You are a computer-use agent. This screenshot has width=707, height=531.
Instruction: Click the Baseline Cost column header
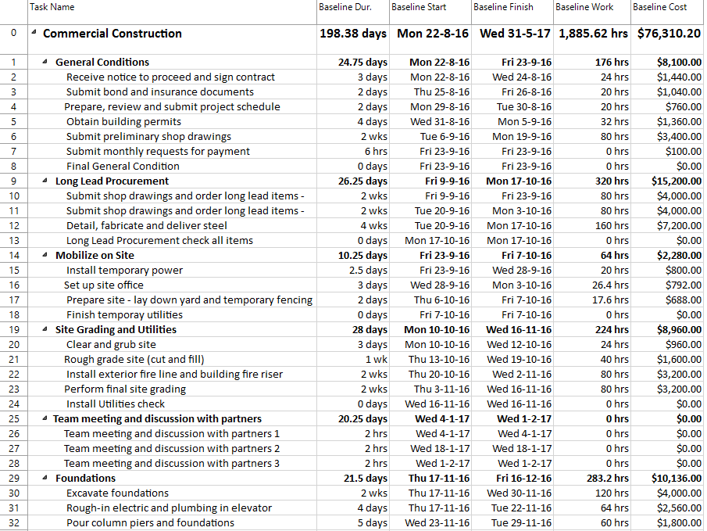pyautogui.click(x=659, y=7)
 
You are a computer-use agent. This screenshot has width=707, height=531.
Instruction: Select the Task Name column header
pyautogui.click(x=52, y=7)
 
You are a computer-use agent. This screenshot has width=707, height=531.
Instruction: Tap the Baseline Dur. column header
pyautogui.click(x=345, y=7)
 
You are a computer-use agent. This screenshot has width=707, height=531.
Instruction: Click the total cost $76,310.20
pyautogui.click(x=669, y=34)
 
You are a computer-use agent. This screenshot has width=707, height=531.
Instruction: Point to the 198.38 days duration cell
pyautogui.click(x=353, y=34)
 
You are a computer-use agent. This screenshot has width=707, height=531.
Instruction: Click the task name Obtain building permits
pyautogui.click(x=123, y=121)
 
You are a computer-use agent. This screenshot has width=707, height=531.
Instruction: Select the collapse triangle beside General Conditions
pyautogui.click(x=45, y=63)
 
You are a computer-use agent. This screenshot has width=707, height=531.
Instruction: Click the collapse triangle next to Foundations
pyautogui.click(x=45, y=479)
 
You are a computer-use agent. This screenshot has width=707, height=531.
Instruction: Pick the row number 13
pyautogui.click(x=12, y=240)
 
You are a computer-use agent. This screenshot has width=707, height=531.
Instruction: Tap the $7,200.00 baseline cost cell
pyautogui.click(x=679, y=225)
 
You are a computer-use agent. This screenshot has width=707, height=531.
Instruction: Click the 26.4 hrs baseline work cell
pyautogui.click(x=610, y=285)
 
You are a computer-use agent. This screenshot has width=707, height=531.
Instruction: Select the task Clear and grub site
pyautogui.click(x=111, y=344)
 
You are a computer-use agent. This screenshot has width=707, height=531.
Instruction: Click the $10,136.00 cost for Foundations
pyautogui.click(x=676, y=478)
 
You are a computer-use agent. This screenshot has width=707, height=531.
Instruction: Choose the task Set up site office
pyautogui.click(x=104, y=285)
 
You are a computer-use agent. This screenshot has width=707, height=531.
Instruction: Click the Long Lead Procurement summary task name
pyautogui.click(x=112, y=181)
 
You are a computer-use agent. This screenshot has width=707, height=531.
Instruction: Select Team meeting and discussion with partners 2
pyautogui.click(x=172, y=448)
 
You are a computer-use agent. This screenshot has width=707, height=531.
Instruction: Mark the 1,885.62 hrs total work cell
pyautogui.click(x=593, y=34)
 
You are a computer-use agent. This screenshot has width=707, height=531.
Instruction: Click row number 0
pyautogui.click(x=12, y=34)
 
